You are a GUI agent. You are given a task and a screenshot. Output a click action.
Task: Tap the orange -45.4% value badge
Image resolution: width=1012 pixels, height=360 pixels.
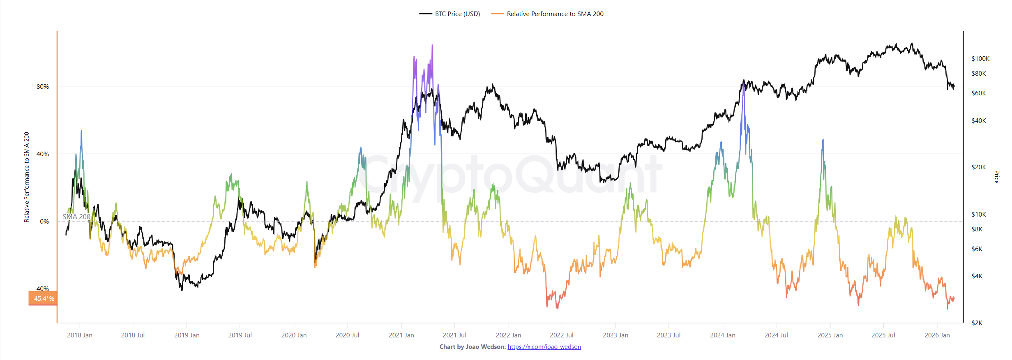[43, 299]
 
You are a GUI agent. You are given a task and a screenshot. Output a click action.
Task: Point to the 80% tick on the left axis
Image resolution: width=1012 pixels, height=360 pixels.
[43, 87]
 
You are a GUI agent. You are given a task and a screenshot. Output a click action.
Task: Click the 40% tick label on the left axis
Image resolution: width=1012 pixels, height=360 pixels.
[43, 154]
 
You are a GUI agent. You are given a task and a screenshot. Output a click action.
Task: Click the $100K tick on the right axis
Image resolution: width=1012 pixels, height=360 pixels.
[980, 59]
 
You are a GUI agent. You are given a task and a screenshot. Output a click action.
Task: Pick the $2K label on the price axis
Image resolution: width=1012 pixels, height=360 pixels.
[977, 323]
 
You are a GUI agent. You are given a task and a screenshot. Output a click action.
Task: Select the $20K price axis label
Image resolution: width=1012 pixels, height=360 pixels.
[978, 167]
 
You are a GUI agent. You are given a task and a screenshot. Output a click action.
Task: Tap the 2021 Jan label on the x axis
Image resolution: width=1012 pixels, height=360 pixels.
[401, 335]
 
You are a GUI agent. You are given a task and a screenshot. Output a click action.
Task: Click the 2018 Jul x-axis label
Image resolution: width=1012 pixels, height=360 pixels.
[133, 335]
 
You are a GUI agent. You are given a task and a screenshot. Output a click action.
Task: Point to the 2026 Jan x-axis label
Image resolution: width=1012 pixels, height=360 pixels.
[937, 335]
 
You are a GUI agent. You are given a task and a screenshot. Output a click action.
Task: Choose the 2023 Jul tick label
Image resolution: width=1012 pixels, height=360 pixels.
[669, 335]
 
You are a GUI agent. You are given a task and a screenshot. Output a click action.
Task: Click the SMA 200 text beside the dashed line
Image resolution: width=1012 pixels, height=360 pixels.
[76, 217]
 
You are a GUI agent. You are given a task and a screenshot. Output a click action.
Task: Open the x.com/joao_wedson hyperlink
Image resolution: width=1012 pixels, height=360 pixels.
[544, 347]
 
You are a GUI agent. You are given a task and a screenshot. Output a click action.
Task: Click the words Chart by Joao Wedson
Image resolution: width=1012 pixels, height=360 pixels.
[473, 347]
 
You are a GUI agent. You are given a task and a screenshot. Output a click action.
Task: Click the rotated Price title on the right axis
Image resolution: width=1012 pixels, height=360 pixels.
[996, 177]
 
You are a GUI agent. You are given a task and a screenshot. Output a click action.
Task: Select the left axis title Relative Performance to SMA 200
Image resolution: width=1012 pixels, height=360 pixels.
[27, 177]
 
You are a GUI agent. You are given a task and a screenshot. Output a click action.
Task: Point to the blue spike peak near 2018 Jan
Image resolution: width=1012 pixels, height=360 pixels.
[81, 132]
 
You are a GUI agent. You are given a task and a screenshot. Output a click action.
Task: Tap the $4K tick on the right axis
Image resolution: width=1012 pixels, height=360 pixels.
[977, 276]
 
